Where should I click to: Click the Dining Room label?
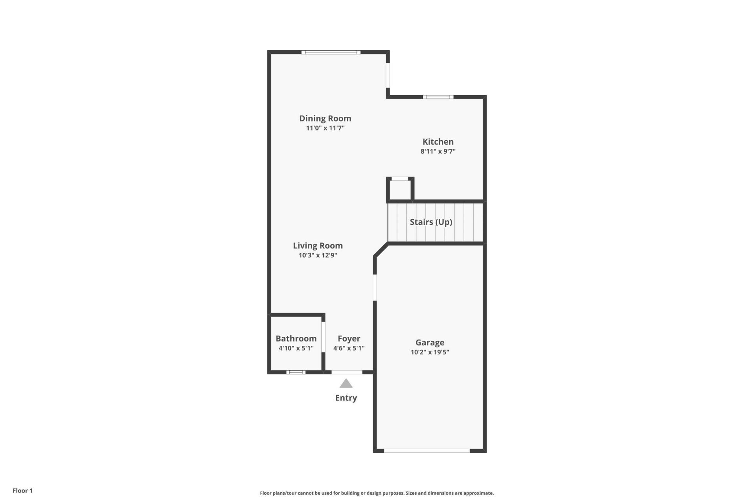pos(325,118)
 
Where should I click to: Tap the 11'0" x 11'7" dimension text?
pos(325,128)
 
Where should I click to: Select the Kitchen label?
pos(438,141)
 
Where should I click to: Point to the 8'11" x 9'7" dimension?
pos(438,151)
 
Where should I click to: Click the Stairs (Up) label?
pos(431,222)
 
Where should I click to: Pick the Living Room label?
pos(318,246)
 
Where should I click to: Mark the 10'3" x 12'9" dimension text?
pos(318,255)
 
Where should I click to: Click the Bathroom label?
pos(296,338)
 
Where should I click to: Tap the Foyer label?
pos(349,338)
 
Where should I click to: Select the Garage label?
pos(430,342)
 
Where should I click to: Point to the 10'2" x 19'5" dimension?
pos(430,352)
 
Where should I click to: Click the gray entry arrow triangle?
pos(346,384)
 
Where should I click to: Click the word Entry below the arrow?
pos(346,398)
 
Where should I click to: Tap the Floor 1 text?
pos(22,490)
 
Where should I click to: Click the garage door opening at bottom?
pos(427,451)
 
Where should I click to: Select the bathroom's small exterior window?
pos(296,372)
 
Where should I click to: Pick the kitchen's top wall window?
pos(438,97)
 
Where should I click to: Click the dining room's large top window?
pos(331,52)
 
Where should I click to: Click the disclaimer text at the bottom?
pos(377,493)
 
